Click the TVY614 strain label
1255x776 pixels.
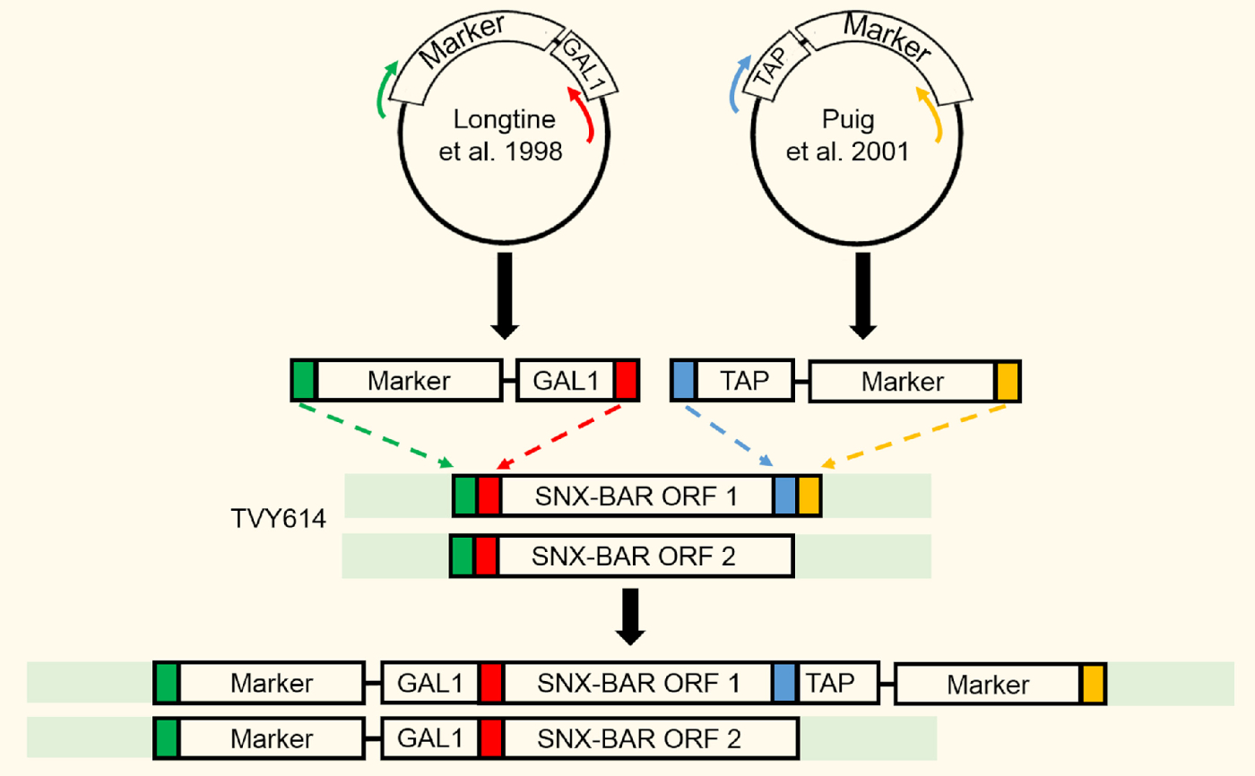[x=278, y=519]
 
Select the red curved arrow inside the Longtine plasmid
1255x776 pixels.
[x=582, y=114]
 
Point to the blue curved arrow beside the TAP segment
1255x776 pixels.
[x=738, y=83]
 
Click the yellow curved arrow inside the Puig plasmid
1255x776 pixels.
[x=931, y=114]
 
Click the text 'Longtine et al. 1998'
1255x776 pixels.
[x=502, y=135]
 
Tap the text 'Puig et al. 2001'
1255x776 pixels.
[x=848, y=135]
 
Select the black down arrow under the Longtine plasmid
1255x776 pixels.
[x=504, y=296]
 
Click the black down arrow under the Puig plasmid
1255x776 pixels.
[x=862, y=296]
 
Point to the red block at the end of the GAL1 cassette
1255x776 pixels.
[x=627, y=381]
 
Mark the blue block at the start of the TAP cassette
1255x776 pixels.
[x=683, y=381]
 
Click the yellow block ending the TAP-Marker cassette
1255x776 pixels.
[x=1008, y=381]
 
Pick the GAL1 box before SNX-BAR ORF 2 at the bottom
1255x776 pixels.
[x=430, y=738]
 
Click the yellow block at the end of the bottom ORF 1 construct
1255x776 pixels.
[x=1093, y=684]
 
